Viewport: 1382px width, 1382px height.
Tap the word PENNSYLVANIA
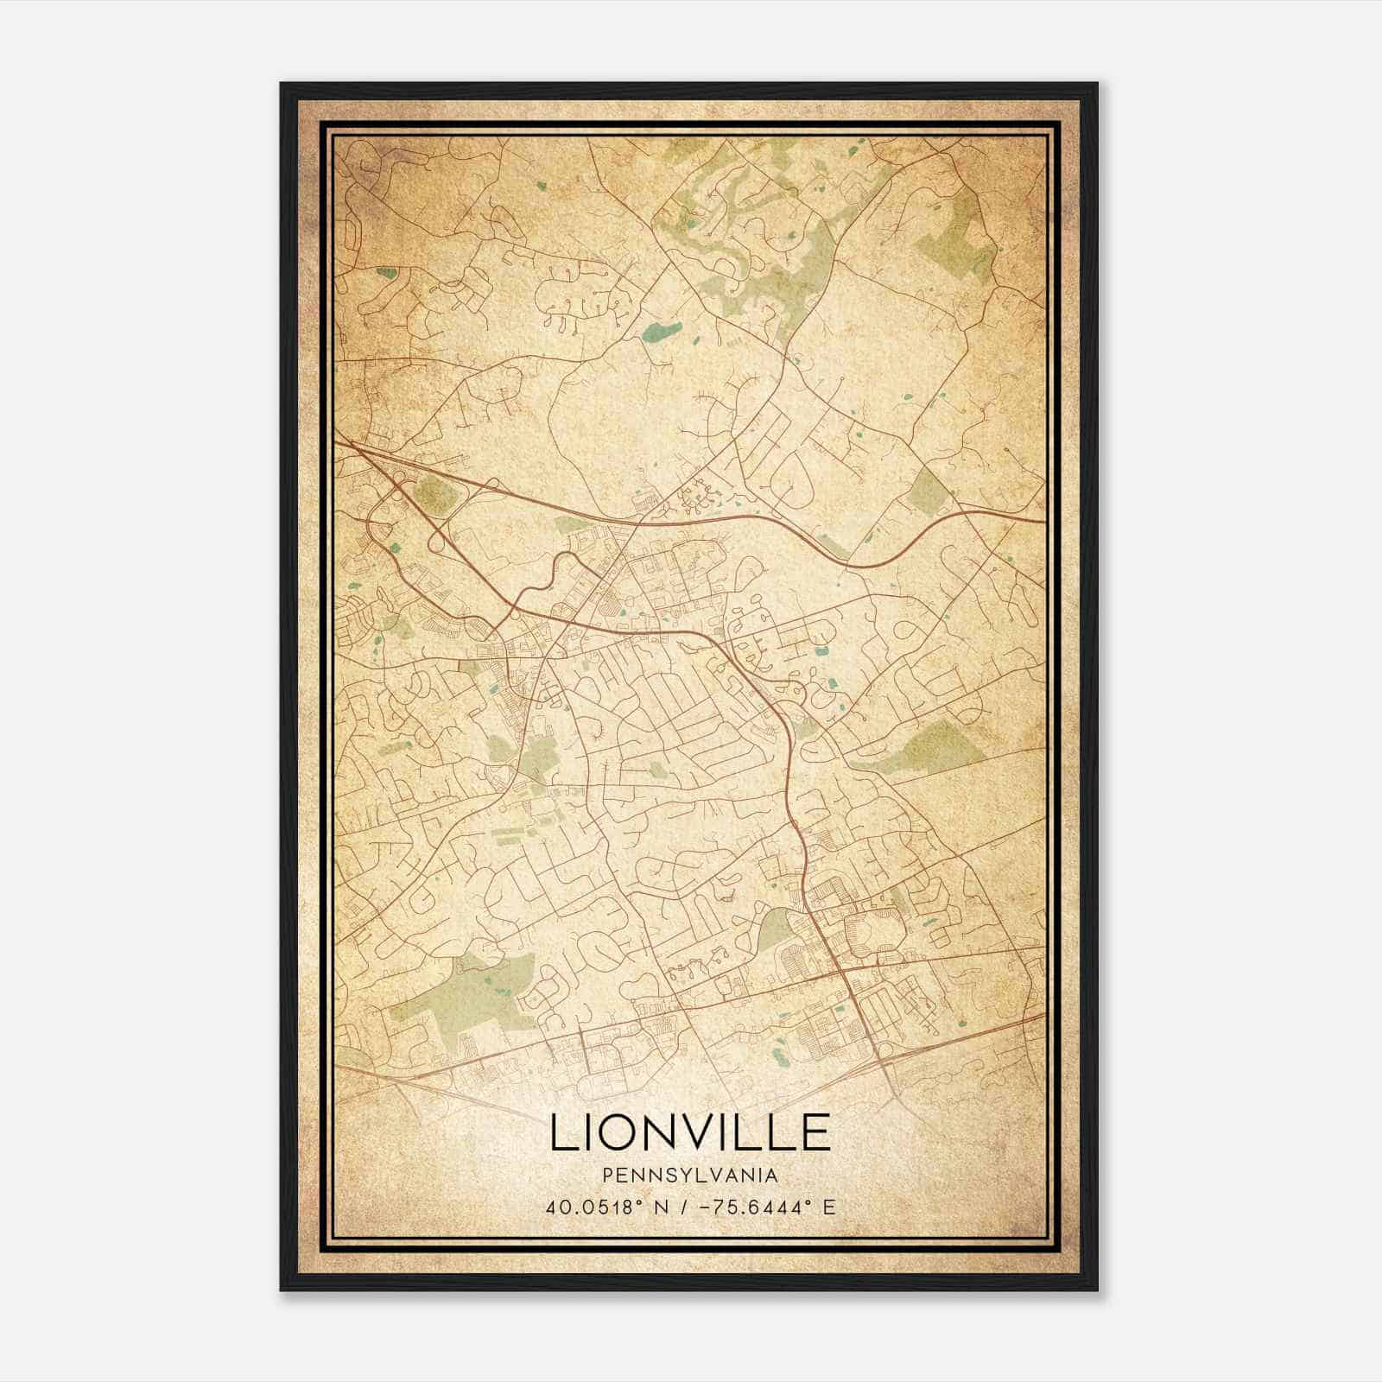point(690,1176)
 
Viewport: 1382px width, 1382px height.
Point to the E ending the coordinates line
point(830,1207)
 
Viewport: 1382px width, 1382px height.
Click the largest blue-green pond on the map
point(662,332)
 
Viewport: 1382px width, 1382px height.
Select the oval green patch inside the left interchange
point(434,495)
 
